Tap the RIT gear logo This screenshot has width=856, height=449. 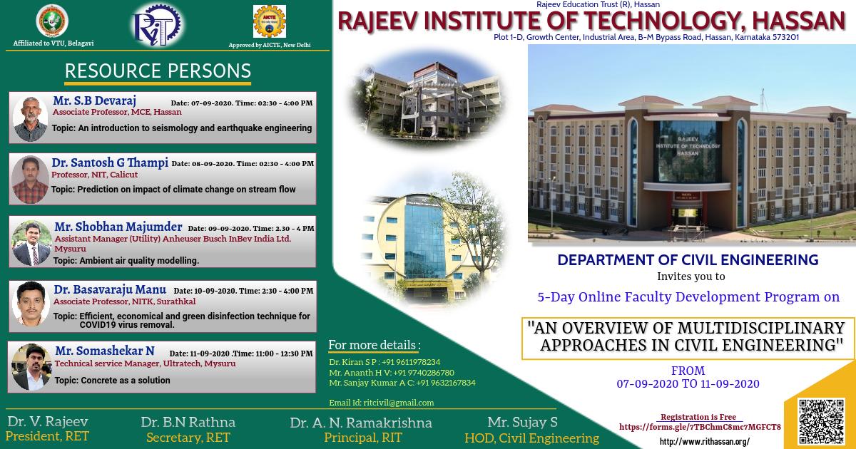pyautogui.click(x=156, y=24)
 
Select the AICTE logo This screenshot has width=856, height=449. pyautogui.click(x=269, y=22)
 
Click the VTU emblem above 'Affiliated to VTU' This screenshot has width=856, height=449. pyautogui.click(x=52, y=21)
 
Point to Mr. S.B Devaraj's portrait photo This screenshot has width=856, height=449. pyautogui.click(x=30, y=119)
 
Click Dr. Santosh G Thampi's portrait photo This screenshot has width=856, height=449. pyautogui.click(x=30, y=179)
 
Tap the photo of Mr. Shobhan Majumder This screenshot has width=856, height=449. pyautogui.click(x=31, y=243)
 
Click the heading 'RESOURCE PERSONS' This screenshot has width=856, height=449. pyautogui.click(x=158, y=71)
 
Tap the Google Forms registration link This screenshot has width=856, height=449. pyautogui.click(x=700, y=427)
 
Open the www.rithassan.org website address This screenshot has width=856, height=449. pyautogui.click(x=704, y=442)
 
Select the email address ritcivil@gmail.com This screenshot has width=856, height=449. pyautogui.click(x=381, y=403)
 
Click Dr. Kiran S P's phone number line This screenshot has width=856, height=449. pyautogui.click(x=384, y=362)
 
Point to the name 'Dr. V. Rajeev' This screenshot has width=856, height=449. pyautogui.click(x=47, y=421)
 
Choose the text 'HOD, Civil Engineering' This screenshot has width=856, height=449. pyautogui.click(x=531, y=438)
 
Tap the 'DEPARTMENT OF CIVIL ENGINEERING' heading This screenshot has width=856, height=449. pyautogui.click(x=687, y=259)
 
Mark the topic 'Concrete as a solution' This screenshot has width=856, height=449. pyautogui.click(x=112, y=381)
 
